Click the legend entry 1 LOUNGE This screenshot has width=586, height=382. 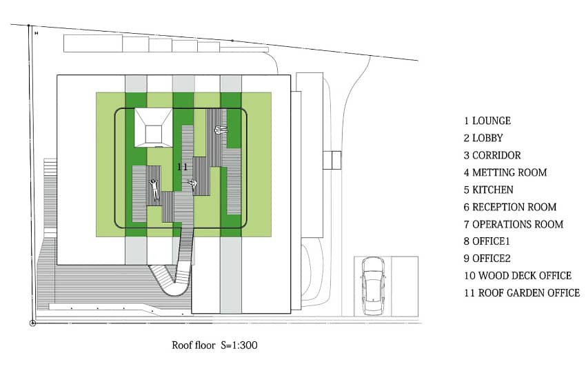tap(487, 121)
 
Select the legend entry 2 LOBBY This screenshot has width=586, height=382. tap(483, 138)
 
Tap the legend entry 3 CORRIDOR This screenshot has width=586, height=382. tap(492, 155)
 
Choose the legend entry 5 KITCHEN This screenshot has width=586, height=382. tap(489, 190)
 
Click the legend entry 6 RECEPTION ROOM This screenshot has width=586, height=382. tap(510, 207)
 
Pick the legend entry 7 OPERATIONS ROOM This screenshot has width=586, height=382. tap(514, 224)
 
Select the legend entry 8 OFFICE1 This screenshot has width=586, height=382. tap(489, 241)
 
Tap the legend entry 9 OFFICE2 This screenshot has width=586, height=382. tap(489, 259)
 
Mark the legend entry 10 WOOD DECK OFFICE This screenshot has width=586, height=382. tap(518, 276)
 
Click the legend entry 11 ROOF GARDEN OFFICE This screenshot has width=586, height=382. tap(522, 293)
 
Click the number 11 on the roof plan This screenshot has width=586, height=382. tap(183, 167)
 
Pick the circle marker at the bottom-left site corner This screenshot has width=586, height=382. tap(32, 323)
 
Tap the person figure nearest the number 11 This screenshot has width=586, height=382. tap(194, 183)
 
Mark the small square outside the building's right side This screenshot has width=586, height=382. tap(332, 160)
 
